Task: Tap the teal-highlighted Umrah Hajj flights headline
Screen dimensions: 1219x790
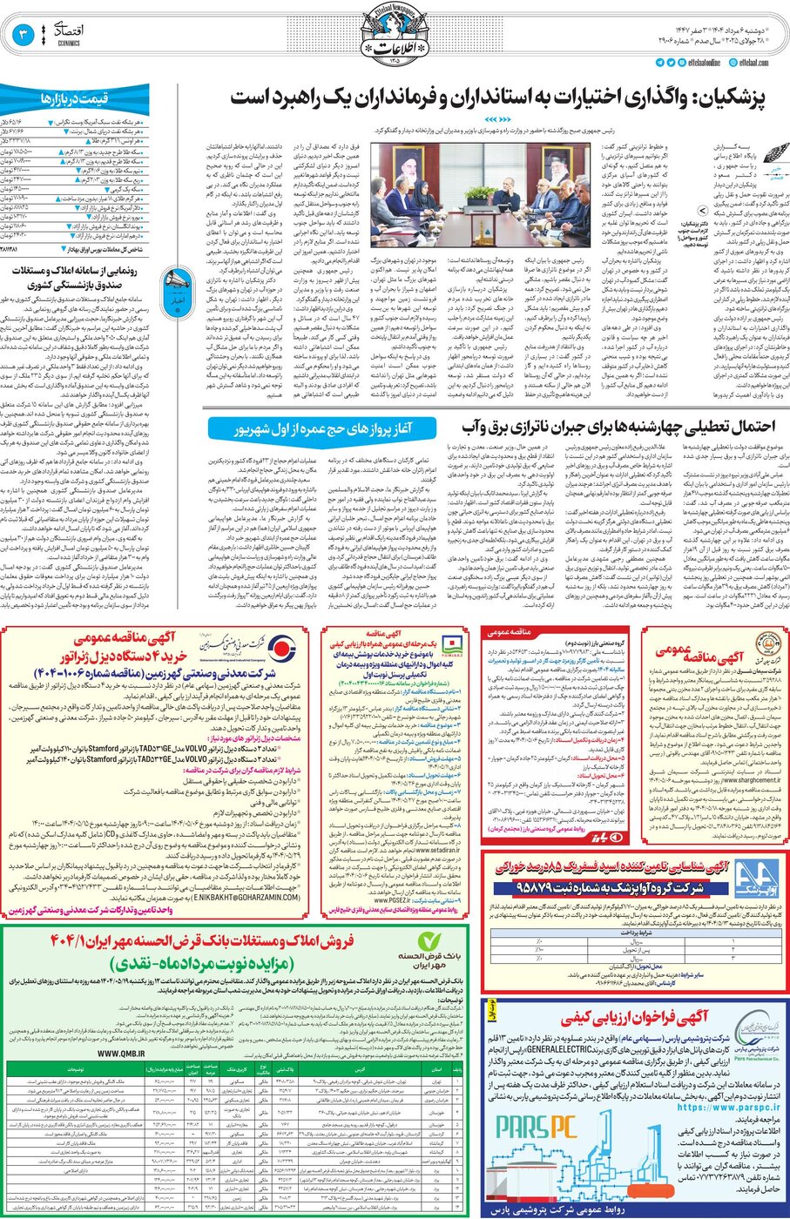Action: click(x=322, y=428)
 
